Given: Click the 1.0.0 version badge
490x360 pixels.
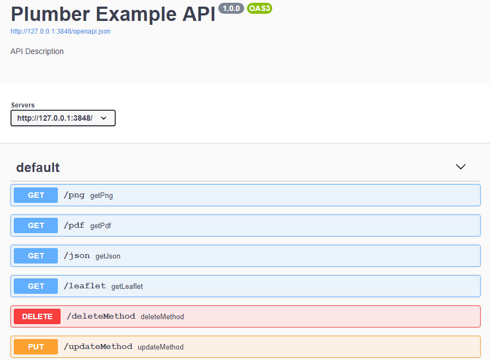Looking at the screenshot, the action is coord(231,8).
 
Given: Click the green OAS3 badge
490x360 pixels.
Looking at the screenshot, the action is coord(260,8).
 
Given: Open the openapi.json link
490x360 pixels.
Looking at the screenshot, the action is coord(60,31).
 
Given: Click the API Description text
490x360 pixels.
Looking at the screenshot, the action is coord(37,51).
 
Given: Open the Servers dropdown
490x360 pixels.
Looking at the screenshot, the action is coord(63,118).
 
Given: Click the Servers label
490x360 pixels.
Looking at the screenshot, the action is coord(23,105).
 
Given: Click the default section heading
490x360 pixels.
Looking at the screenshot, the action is coord(38,168).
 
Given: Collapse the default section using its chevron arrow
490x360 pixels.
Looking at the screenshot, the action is coord(461,167).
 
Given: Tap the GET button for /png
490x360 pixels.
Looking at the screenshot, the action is coord(36,195).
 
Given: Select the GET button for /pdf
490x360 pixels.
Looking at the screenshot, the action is coord(36,225).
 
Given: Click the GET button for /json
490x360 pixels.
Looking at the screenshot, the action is coord(36,256).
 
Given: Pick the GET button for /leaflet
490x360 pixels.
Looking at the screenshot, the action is coord(36,286).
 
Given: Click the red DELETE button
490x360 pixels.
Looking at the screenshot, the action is coord(37,316).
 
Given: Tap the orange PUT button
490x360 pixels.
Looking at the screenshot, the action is coord(36,347).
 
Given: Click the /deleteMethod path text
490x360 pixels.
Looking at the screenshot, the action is coord(101,316).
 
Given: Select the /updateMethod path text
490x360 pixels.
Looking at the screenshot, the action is coord(98,347).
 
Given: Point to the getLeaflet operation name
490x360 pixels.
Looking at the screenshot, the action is coord(127,286).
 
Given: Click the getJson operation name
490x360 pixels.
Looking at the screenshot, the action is coord(108,256).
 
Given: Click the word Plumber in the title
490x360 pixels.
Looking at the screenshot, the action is coord(50,14).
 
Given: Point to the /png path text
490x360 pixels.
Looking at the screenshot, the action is coord(74,195).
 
